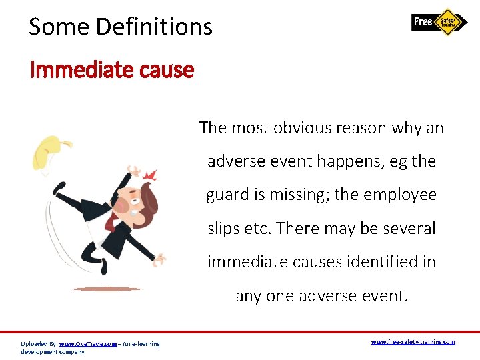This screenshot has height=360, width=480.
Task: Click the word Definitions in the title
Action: [x=155, y=27]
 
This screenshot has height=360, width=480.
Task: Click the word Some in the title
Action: [x=59, y=27]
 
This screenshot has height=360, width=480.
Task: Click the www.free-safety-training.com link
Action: [x=413, y=342]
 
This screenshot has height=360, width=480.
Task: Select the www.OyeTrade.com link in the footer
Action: [x=87, y=344]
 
